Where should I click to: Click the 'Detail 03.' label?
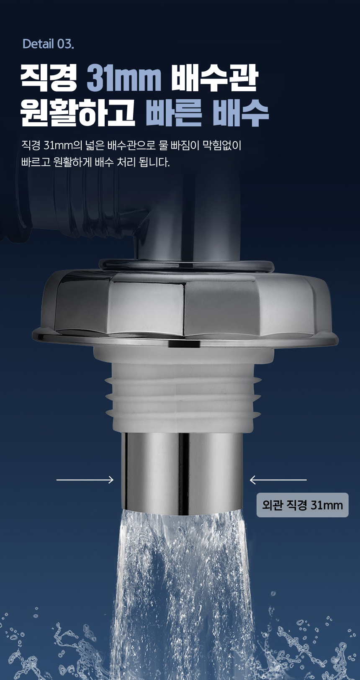pyautogui.click(x=48, y=44)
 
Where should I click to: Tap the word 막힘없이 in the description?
pyautogui.click(x=222, y=145)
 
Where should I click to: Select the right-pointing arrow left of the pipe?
pyautogui.click(x=85, y=480)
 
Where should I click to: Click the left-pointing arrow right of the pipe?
pyautogui.click(x=278, y=480)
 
